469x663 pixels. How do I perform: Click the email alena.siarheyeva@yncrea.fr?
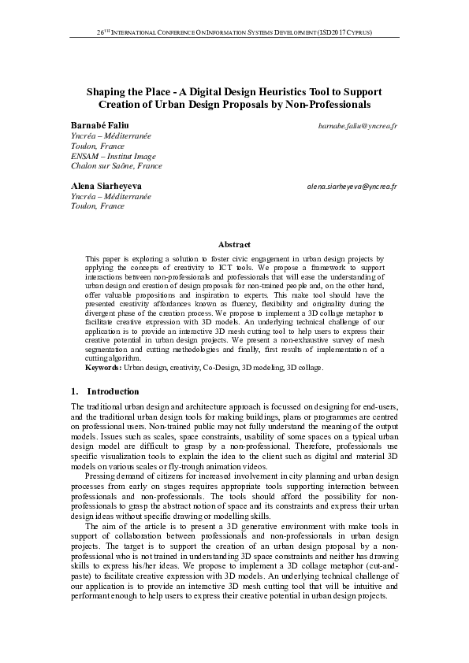click(352, 186)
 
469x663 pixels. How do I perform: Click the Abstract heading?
click(234, 245)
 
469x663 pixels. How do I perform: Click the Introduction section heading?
click(113, 391)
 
